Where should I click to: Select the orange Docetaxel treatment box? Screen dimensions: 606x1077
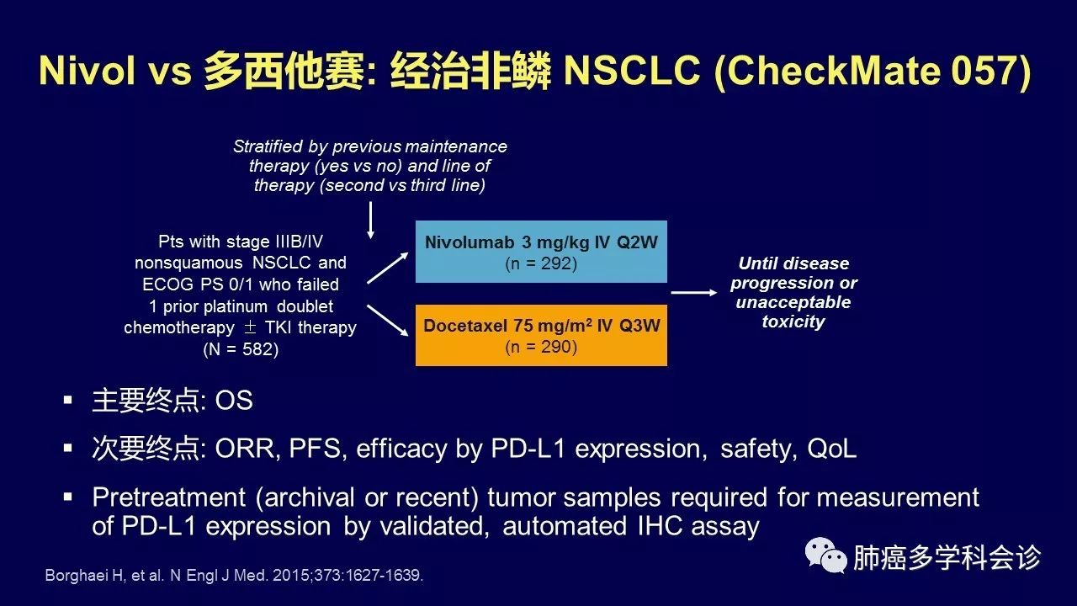click(x=541, y=335)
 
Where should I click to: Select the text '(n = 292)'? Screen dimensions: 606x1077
click(x=541, y=263)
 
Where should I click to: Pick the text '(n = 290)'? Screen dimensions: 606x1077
click(x=541, y=346)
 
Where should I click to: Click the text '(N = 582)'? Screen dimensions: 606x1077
click(x=240, y=348)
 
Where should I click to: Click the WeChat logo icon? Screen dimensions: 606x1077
click(x=825, y=556)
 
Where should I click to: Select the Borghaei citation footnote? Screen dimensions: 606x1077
click(x=234, y=577)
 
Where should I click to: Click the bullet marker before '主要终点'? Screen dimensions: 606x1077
click(x=68, y=400)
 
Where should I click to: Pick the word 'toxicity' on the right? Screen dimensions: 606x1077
click(x=793, y=322)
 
